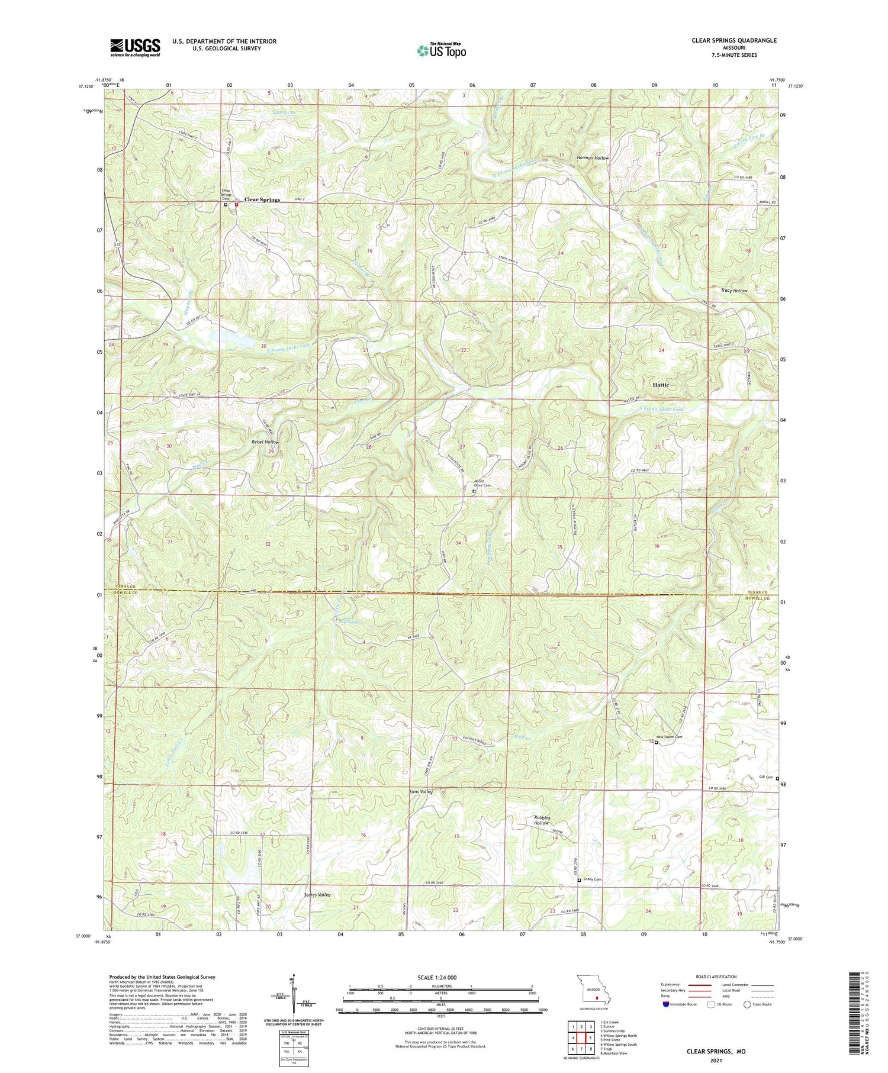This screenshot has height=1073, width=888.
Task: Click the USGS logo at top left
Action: [x=135, y=47]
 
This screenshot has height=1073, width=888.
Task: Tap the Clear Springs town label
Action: [x=262, y=200]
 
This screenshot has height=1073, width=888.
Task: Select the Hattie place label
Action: [x=661, y=385]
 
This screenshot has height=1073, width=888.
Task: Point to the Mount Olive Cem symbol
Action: [x=474, y=491]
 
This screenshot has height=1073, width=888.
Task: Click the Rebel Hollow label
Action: [x=264, y=442]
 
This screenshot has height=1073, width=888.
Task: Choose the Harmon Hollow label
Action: [x=593, y=158]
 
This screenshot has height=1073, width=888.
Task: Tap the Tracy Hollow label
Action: [x=734, y=291]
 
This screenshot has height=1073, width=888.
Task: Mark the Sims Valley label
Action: [x=421, y=792]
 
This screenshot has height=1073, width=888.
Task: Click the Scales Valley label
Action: [x=317, y=895]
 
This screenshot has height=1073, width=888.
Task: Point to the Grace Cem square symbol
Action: [x=579, y=881]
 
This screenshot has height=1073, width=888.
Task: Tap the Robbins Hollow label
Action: [x=542, y=820]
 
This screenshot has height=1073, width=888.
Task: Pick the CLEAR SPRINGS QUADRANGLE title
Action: [x=734, y=40]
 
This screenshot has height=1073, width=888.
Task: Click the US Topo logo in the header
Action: [x=442, y=50]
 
